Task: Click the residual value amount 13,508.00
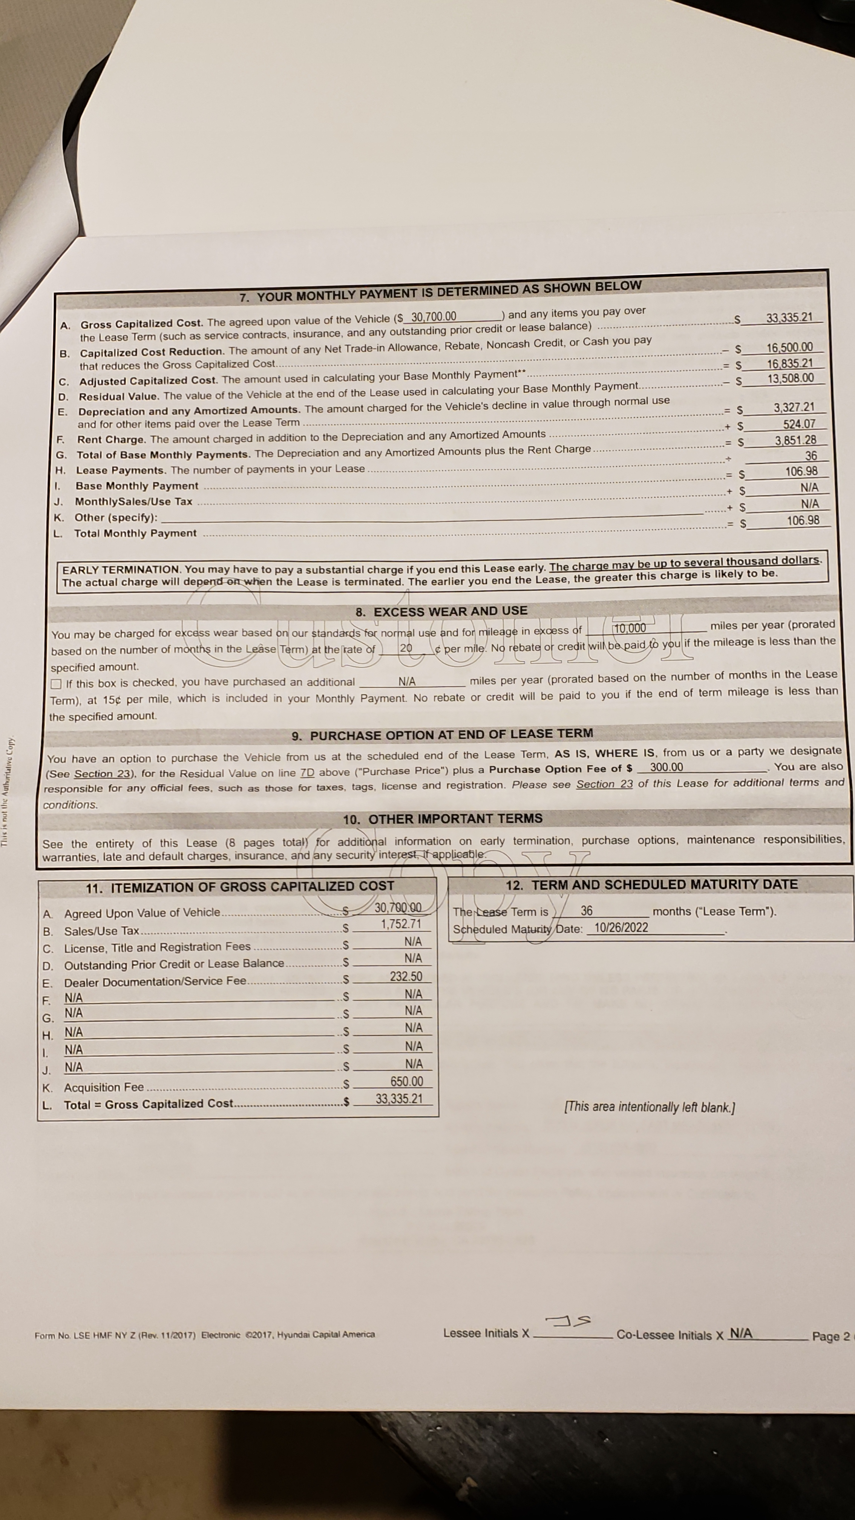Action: click(790, 378)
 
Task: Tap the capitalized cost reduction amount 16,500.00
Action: click(789, 348)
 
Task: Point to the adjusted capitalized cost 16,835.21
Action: click(789, 363)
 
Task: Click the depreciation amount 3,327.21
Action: click(794, 407)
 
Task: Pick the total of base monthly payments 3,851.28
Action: click(795, 440)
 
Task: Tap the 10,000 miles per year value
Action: click(630, 628)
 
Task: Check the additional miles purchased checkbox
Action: click(56, 684)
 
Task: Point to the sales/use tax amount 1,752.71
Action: click(401, 924)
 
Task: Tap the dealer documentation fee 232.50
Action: click(406, 976)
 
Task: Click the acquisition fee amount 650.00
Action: click(406, 1081)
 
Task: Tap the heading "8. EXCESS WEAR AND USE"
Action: click(441, 611)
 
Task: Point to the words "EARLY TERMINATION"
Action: click(121, 569)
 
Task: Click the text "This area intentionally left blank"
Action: click(649, 1107)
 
